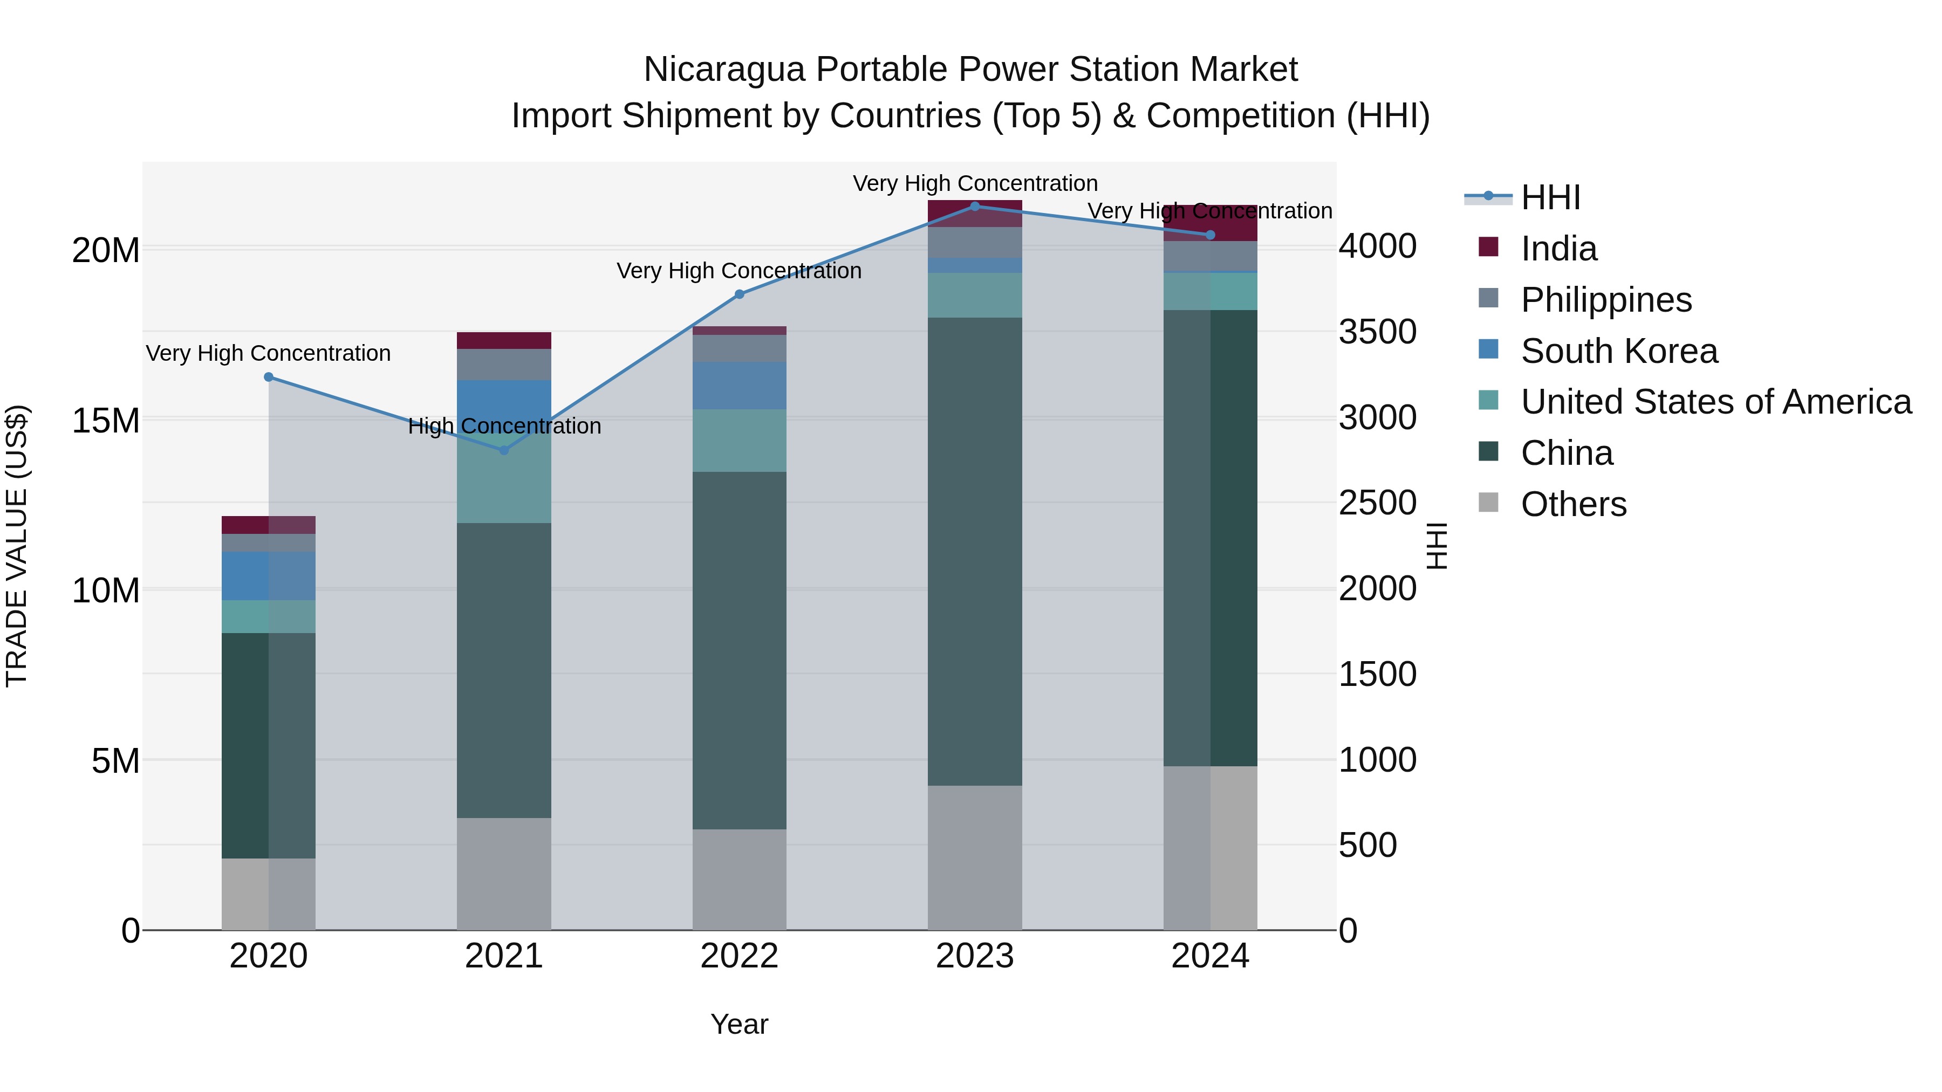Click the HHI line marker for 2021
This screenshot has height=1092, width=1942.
504,450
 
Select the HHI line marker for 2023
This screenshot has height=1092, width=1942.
975,206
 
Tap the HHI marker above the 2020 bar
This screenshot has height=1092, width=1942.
269,377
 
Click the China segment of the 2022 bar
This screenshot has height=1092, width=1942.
739,650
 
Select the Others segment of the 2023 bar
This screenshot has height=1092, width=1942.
975,857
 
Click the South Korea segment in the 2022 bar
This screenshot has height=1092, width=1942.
739,385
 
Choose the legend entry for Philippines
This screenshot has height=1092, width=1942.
1606,300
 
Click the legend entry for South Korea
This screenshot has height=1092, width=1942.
1618,351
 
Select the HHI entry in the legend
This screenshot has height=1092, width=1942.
1550,197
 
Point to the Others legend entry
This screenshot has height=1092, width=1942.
1574,504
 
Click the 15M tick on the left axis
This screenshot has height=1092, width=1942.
106,420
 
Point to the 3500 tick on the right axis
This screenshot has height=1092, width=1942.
1377,332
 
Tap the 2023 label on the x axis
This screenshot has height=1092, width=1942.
975,956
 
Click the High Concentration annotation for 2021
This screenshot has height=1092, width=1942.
504,426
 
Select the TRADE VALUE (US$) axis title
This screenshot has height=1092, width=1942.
17,546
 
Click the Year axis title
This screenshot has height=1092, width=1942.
739,1024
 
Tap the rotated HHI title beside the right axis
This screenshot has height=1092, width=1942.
1437,546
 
